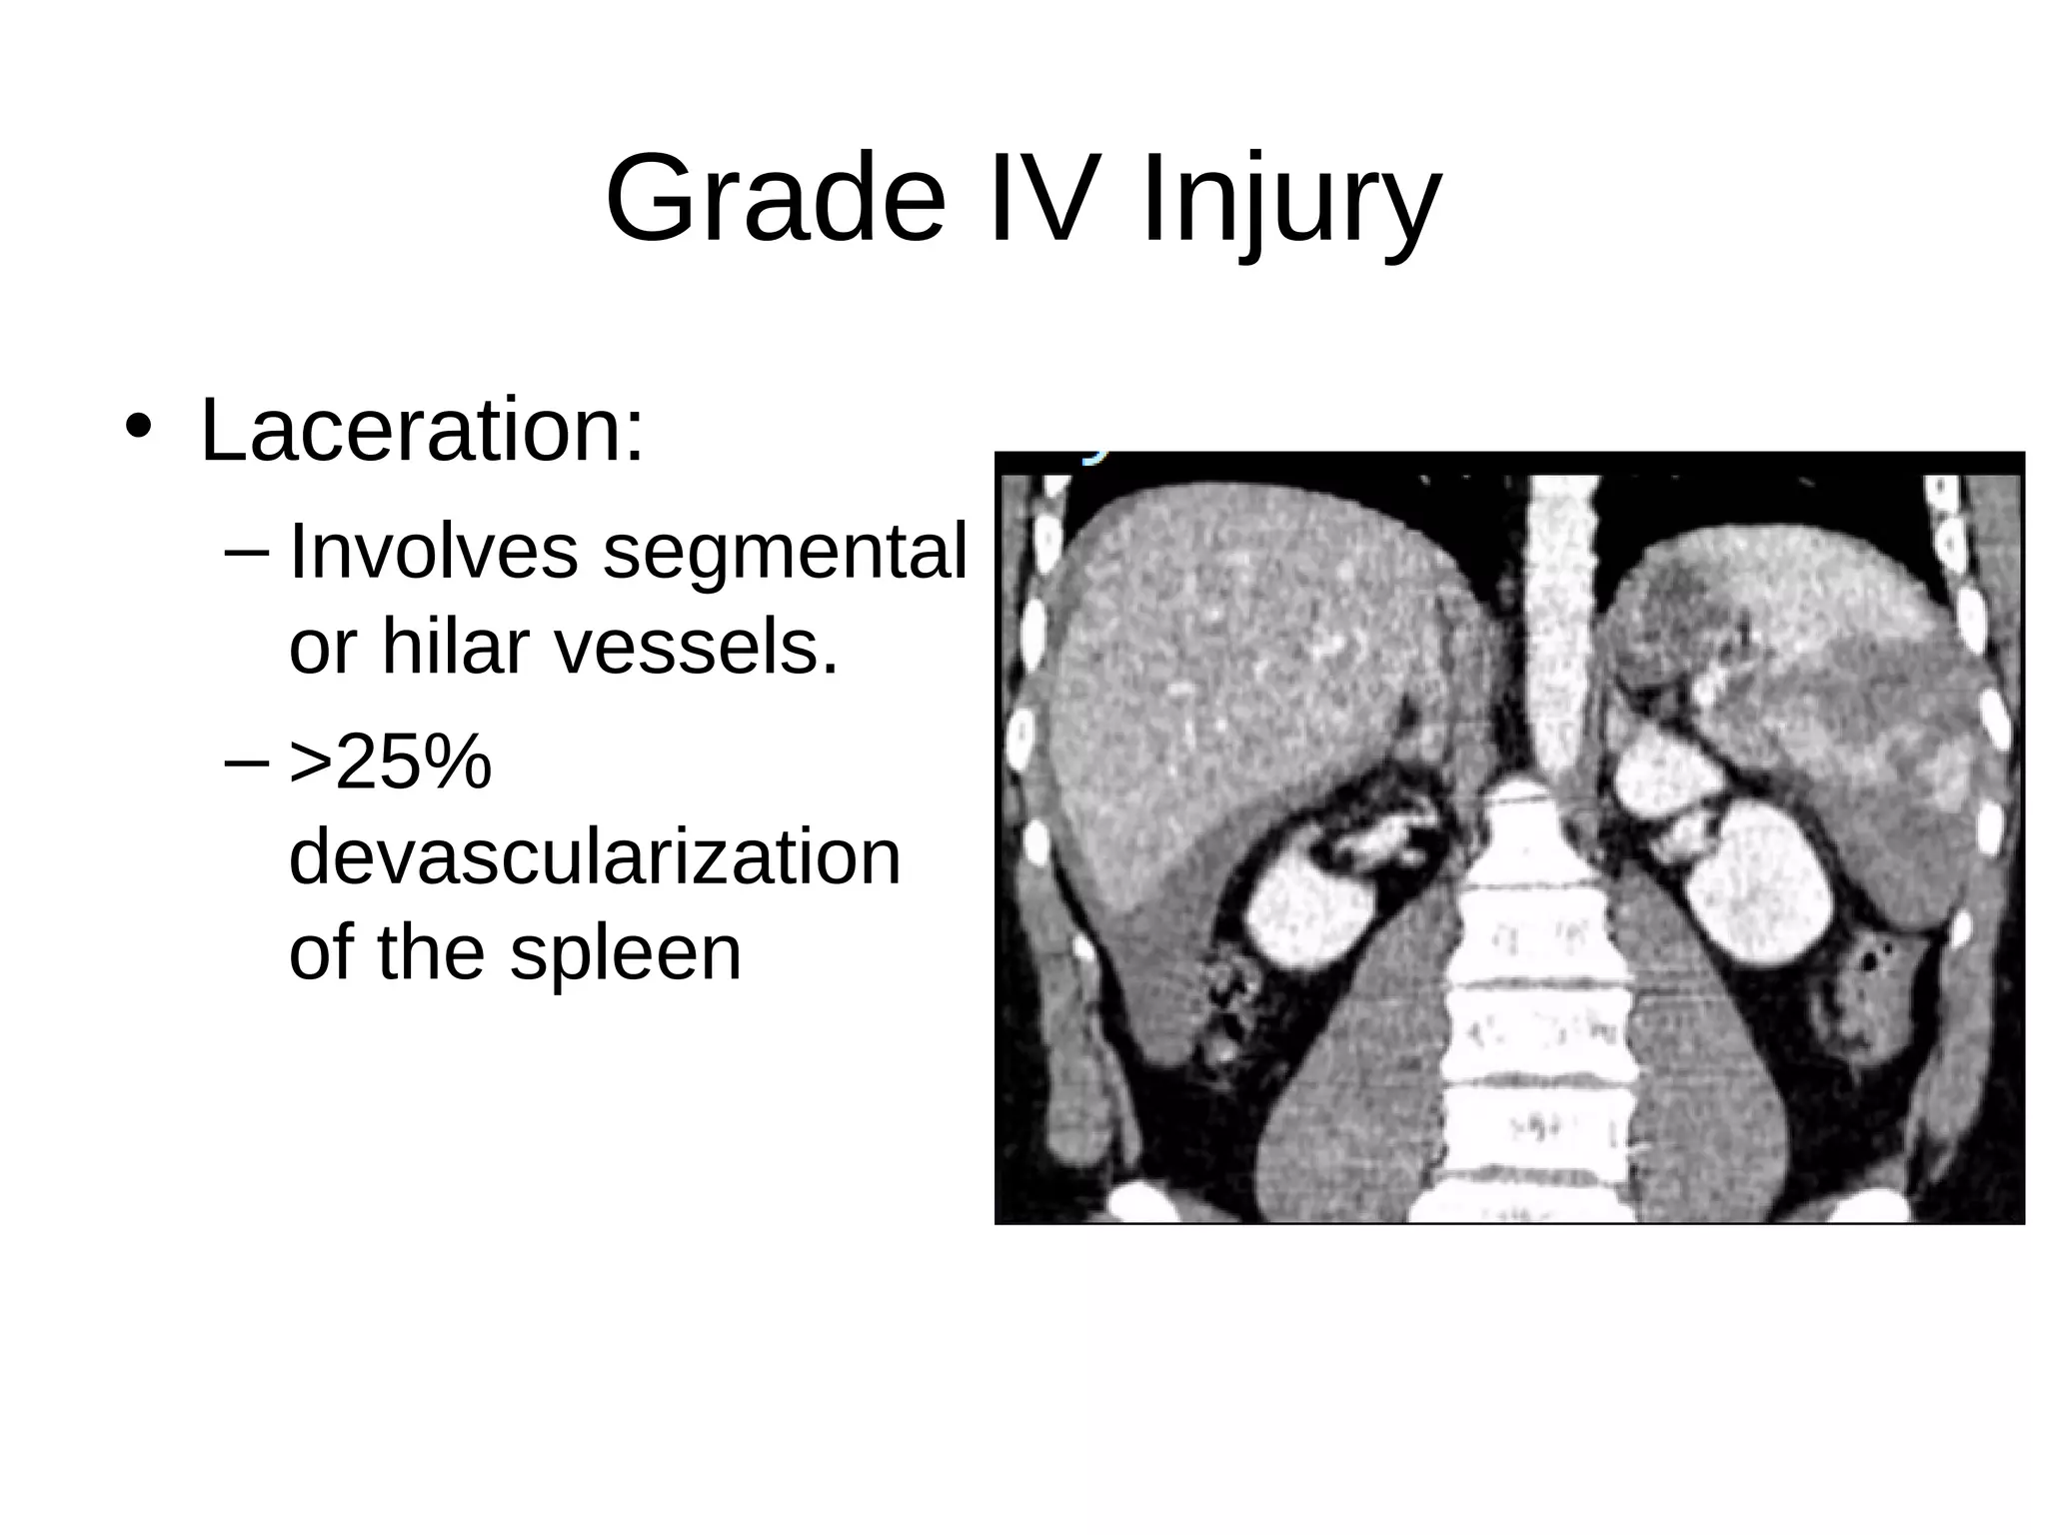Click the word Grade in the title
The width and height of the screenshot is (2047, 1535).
[x=775, y=198]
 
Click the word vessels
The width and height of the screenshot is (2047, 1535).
[x=697, y=647]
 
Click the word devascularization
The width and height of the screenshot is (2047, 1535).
[x=595, y=856]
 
